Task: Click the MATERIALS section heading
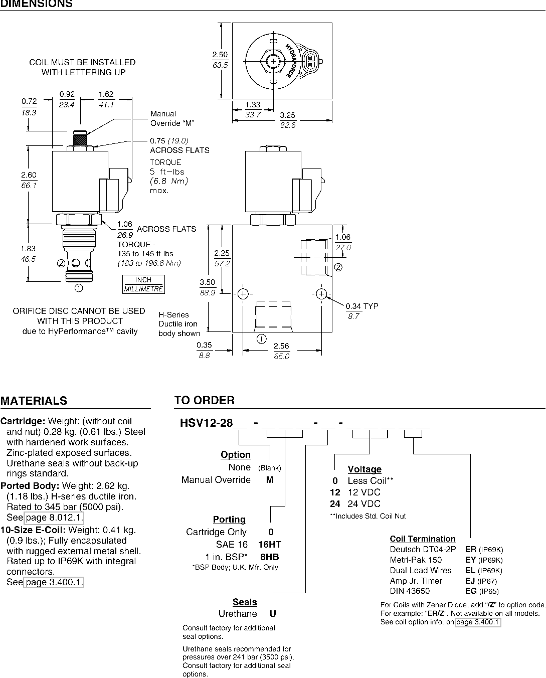point(34,401)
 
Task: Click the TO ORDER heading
point(205,400)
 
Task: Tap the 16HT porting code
point(269,544)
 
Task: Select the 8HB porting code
point(269,557)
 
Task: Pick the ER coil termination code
point(471,549)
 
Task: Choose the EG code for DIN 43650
point(471,591)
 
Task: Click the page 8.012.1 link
point(54,518)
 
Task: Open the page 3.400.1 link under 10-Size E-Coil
point(54,582)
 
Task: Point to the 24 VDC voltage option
point(355,504)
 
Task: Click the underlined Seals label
point(245,602)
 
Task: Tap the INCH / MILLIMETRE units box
point(143,284)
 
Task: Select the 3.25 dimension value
point(287,115)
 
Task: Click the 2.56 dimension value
point(281,346)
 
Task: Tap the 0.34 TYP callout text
point(362,306)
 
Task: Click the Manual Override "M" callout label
point(172,118)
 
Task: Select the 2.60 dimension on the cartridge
point(29,175)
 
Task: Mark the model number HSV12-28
point(206,423)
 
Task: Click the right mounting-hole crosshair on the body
point(321,294)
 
